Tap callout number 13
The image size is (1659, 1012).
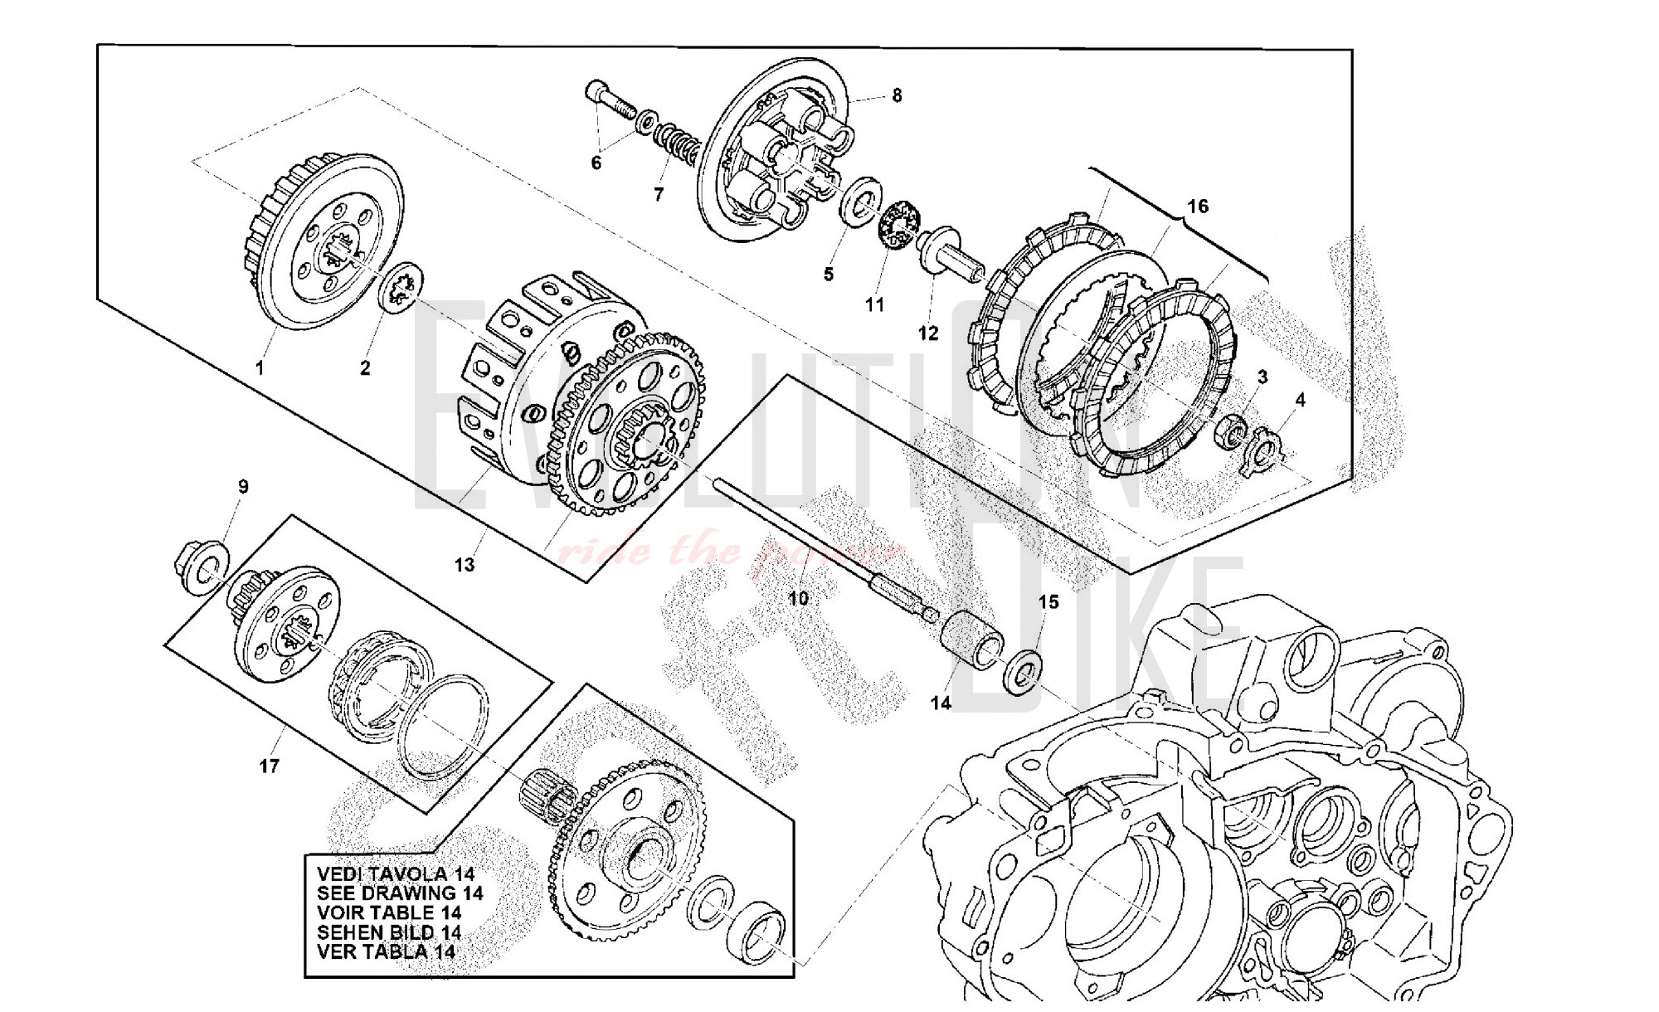pos(465,565)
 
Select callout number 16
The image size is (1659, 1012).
pos(1198,206)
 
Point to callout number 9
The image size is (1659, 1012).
pos(243,487)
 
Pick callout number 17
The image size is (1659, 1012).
pos(269,766)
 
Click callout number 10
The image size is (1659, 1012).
pos(798,598)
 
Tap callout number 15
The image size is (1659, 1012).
pos(1048,601)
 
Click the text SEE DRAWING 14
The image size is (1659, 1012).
pos(399,893)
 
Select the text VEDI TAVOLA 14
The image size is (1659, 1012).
pos(395,873)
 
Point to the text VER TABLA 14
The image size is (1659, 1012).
pos(386,951)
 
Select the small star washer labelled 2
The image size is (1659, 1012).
pos(402,288)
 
